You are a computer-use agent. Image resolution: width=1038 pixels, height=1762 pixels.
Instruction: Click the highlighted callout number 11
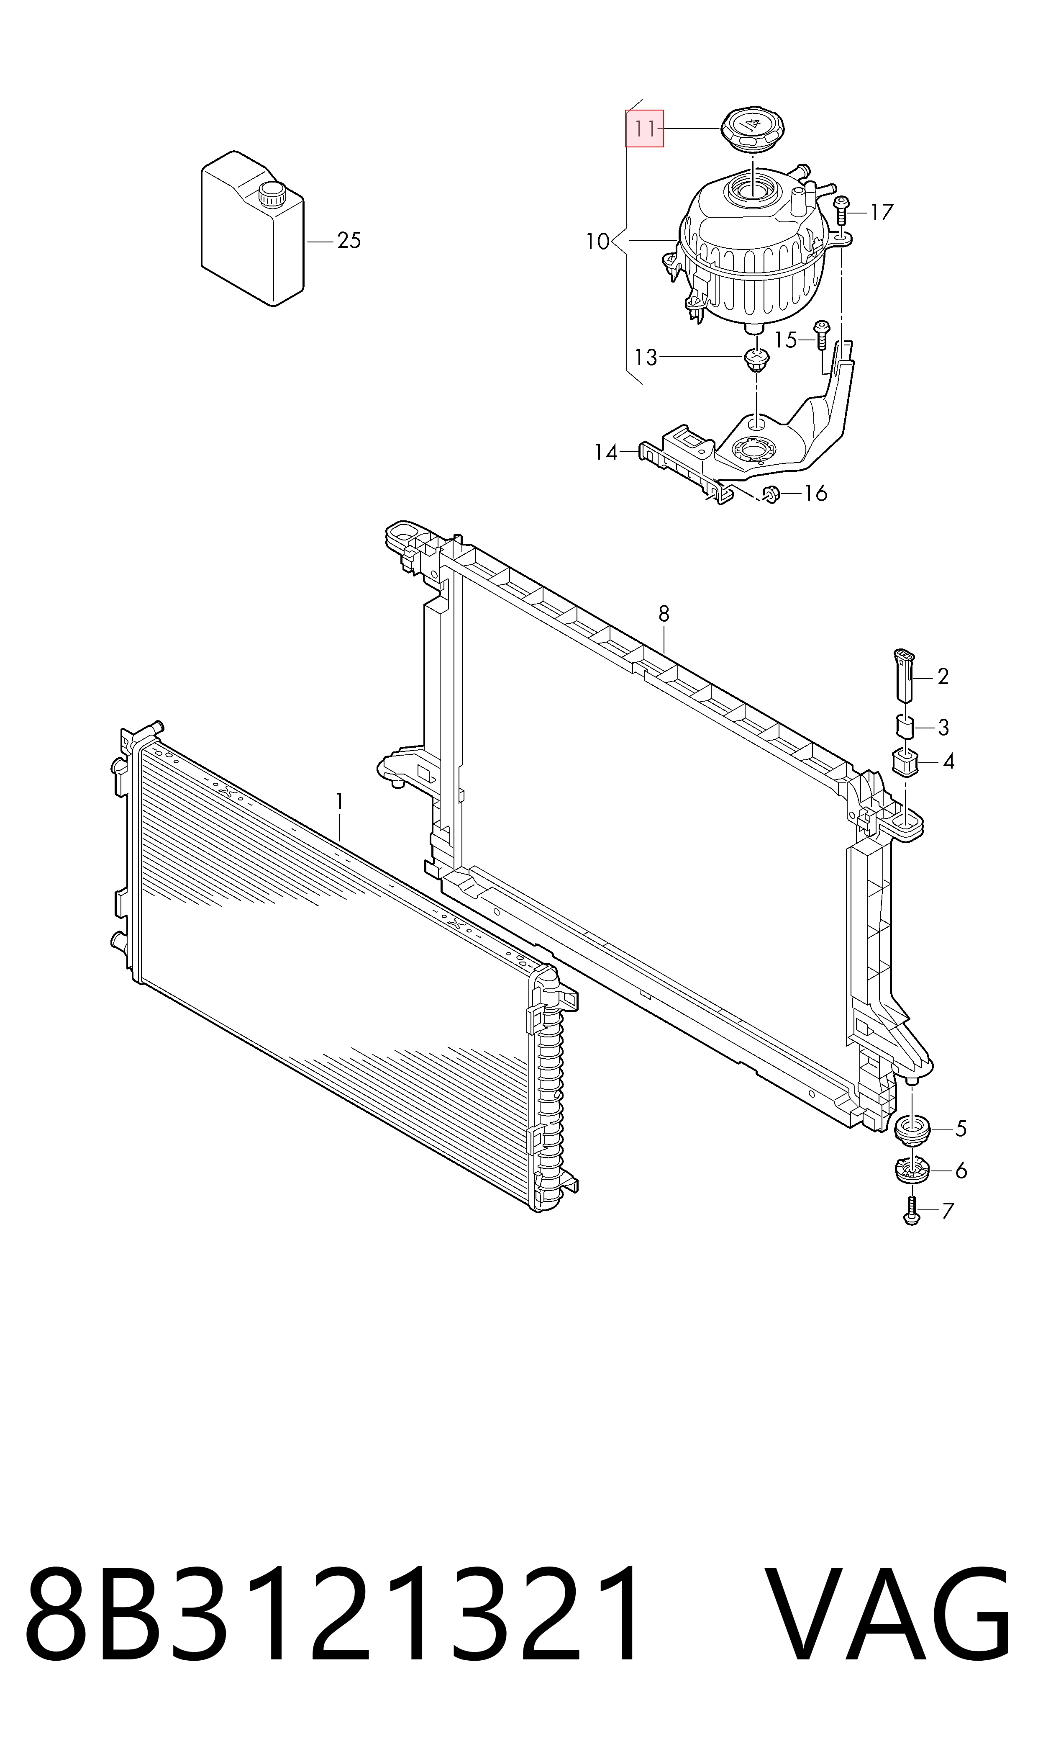pyautogui.click(x=644, y=129)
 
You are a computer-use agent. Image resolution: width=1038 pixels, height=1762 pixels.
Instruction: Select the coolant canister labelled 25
pyautogui.click(x=253, y=228)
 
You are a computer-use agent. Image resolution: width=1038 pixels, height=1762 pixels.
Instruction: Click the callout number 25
pyautogui.click(x=349, y=241)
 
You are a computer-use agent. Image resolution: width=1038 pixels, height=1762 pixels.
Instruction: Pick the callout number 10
pyautogui.click(x=597, y=242)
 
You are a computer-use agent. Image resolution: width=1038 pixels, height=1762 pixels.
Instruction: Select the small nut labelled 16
pyautogui.click(x=771, y=494)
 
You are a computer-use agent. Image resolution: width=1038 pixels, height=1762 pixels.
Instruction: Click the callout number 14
pyautogui.click(x=606, y=453)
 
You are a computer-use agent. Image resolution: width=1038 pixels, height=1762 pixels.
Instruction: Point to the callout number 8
pyautogui.click(x=664, y=614)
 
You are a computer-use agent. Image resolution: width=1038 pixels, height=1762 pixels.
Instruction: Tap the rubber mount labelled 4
pyautogui.click(x=906, y=761)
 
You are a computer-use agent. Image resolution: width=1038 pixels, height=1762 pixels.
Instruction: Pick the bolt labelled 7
pyautogui.click(x=911, y=1210)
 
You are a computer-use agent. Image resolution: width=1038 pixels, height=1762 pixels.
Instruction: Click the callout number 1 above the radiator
pyautogui.click(x=340, y=802)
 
